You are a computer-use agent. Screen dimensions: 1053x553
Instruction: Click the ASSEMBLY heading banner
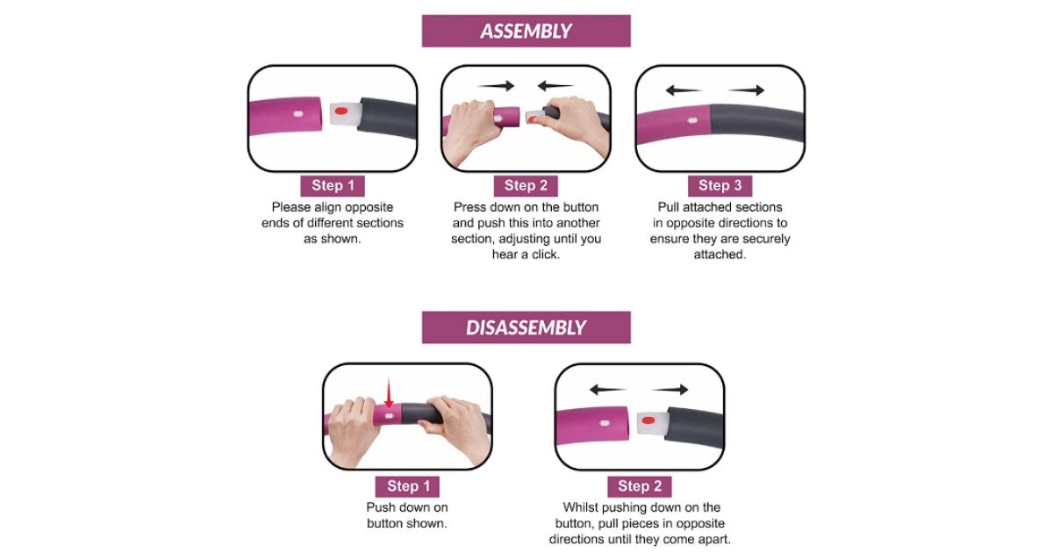(526, 31)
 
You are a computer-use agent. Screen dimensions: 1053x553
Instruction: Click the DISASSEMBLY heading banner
(526, 327)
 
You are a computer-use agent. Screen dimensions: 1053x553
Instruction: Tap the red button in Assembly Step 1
(341, 111)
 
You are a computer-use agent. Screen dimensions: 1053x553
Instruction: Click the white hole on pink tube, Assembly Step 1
(298, 114)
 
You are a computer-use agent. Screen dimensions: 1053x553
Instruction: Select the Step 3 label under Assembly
(720, 186)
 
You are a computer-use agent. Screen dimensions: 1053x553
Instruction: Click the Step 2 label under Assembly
(526, 186)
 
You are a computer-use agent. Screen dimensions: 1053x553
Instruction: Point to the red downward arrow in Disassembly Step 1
(389, 392)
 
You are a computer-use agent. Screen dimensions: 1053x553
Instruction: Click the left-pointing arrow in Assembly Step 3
(684, 90)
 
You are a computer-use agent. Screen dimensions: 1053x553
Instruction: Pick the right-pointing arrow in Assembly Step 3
(746, 90)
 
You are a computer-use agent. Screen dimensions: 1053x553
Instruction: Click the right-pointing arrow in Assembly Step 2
(496, 86)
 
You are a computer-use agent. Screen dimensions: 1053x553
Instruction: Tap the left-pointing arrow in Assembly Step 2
(555, 86)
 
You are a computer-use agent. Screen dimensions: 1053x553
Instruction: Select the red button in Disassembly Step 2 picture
(648, 420)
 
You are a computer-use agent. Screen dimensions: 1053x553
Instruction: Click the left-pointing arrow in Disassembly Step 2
(608, 390)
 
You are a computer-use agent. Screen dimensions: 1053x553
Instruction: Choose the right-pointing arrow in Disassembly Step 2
(670, 390)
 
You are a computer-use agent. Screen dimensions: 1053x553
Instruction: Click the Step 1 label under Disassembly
(407, 486)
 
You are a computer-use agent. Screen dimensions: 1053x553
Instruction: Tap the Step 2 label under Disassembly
(640, 486)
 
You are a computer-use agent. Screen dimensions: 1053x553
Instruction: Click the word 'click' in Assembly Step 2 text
(545, 255)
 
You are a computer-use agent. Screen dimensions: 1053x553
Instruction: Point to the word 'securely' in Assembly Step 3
(766, 239)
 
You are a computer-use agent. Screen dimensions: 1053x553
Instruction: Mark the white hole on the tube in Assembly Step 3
(692, 121)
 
